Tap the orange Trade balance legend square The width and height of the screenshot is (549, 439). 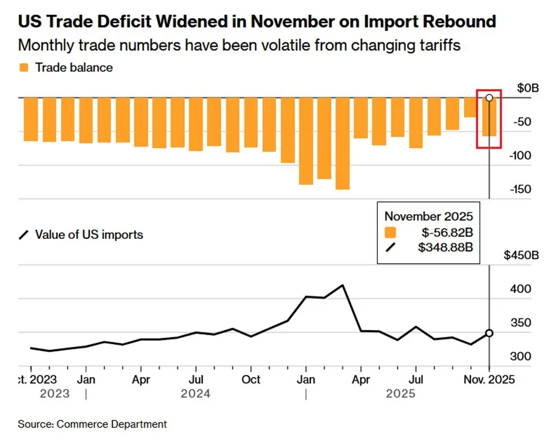coord(23,68)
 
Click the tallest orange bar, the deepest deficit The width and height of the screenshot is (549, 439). coord(342,144)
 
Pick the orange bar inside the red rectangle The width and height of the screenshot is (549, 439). coord(489,117)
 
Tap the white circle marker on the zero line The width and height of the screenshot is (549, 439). coord(489,97)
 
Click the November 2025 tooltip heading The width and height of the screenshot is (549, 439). coord(429,216)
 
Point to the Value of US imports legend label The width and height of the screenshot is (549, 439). coord(89,234)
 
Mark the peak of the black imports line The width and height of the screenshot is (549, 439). coord(343,285)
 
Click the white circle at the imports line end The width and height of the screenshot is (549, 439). coord(489,333)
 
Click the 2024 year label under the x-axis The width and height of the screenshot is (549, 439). coord(195,393)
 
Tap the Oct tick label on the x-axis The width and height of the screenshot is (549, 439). coord(251,380)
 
